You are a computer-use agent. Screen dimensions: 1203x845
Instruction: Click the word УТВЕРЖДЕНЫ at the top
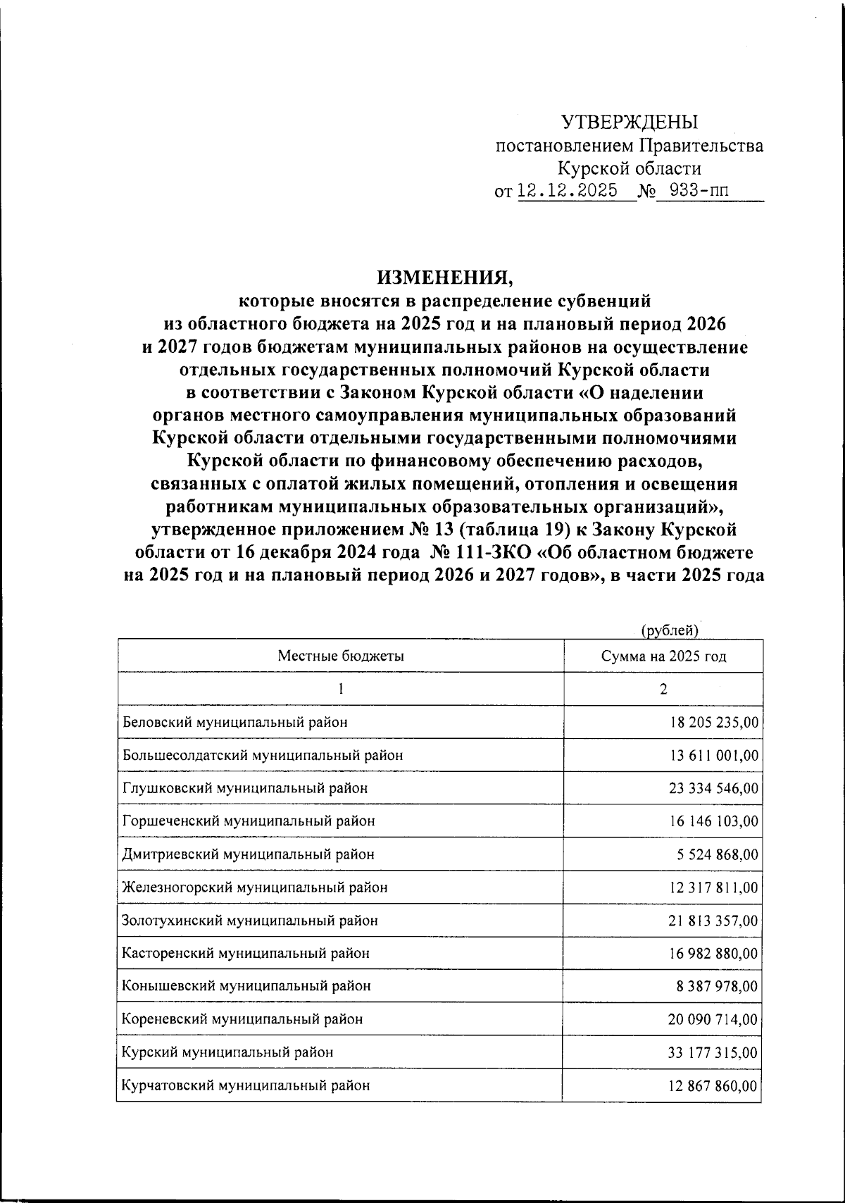click(630, 123)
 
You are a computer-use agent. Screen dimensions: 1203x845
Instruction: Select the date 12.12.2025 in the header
click(568, 191)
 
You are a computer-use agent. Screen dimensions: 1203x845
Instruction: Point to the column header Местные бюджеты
click(341, 656)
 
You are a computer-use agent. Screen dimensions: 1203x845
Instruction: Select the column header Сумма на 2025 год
click(663, 656)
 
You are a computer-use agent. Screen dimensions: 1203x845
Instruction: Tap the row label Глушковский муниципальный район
click(245, 788)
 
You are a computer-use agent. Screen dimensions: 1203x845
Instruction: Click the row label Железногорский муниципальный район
click(255, 887)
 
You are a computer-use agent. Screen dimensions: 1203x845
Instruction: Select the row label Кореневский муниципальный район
click(243, 1019)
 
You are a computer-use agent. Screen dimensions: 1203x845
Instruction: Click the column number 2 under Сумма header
click(663, 690)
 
